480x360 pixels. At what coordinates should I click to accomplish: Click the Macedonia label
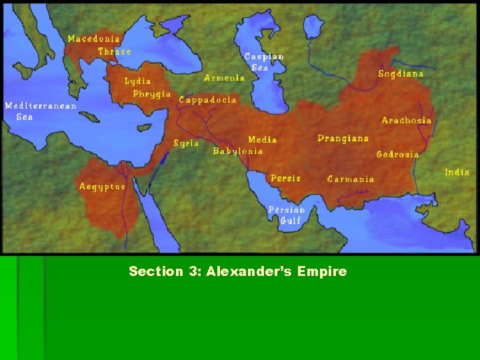click(x=93, y=39)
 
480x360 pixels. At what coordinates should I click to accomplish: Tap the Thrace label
click(x=114, y=51)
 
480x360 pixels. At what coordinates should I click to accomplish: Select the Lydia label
click(x=137, y=81)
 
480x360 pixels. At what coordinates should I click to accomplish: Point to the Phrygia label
click(x=151, y=94)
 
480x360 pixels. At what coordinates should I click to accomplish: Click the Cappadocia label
click(x=207, y=99)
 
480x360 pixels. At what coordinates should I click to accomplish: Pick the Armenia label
click(x=224, y=77)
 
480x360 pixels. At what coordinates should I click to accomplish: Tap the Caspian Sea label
click(x=263, y=62)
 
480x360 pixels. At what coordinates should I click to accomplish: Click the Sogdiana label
click(x=401, y=73)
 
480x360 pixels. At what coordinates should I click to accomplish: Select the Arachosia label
click(x=406, y=121)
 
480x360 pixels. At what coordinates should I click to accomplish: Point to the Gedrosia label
click(x=397, y=154)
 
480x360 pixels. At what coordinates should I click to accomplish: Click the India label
click(x=457, y=172)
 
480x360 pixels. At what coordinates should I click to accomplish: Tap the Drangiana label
click(x=343, y=139)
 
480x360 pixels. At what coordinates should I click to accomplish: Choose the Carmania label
click(x=350, y=179)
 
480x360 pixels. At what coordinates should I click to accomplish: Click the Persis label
click(x=285, y=178)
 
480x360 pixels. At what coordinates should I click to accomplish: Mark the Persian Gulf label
click(x=285, y=215)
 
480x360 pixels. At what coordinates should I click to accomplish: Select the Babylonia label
click(x=237, y=151)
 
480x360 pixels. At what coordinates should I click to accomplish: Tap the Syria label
click(x=186, y=143)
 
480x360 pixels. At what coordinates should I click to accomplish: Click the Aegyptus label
click(x=102, y=187)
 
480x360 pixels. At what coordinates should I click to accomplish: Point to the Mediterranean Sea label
click(x=40, y=111)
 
